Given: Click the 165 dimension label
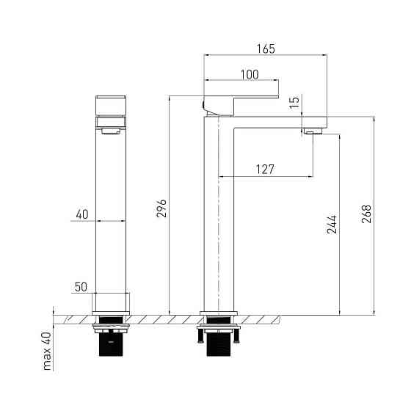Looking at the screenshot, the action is click(266, 49).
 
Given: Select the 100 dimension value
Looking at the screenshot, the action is click(250, 75).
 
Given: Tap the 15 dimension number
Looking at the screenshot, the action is click(294, 102).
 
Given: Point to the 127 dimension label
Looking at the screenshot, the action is click(265, 170).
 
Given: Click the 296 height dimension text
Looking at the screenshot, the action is click(161, 208).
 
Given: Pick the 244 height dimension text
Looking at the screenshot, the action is click(332, 225).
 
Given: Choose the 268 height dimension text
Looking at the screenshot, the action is click(366, 214).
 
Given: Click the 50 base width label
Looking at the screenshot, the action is click(81, 287).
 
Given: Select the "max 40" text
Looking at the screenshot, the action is click(48, 351).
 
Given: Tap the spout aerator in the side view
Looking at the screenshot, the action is click(313, 131).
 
